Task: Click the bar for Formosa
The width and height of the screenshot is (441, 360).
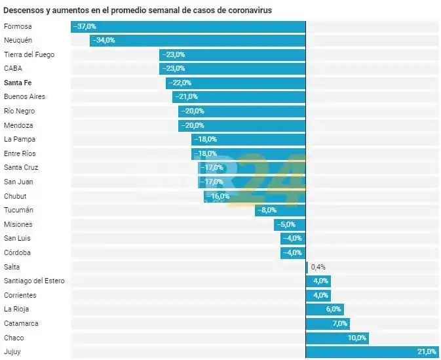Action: tap(188, 26)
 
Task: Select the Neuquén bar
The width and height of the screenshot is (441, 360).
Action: tap(197, 40)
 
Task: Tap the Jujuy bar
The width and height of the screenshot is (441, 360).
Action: tap(372, 352)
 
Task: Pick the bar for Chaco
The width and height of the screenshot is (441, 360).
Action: tap(337, 338)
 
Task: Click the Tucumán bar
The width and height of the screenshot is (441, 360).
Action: tap(280, 210)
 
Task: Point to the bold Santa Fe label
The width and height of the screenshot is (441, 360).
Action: tap(18, 83)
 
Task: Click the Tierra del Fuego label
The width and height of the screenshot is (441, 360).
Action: tap(29, 54)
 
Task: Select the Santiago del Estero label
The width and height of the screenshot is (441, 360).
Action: tap(33, 281)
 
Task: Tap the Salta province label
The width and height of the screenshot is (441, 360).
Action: tap(11, 267)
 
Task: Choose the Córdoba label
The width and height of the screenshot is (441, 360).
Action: tap(17, 252)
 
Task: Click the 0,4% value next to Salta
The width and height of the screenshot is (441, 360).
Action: tap(318, 267)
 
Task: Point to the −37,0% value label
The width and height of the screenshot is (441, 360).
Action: tap(85, 26)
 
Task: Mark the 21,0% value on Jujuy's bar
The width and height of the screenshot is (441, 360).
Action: tap(427, 352)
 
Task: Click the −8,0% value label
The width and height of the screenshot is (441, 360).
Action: tap(267, 210)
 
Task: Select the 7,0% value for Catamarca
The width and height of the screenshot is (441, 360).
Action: tap(340, 323)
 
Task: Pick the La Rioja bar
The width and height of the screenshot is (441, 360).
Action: tap(324, 310)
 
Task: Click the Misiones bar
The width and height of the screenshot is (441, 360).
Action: tap(290, 224)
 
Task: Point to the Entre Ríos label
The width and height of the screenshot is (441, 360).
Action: tap(19, 153)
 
